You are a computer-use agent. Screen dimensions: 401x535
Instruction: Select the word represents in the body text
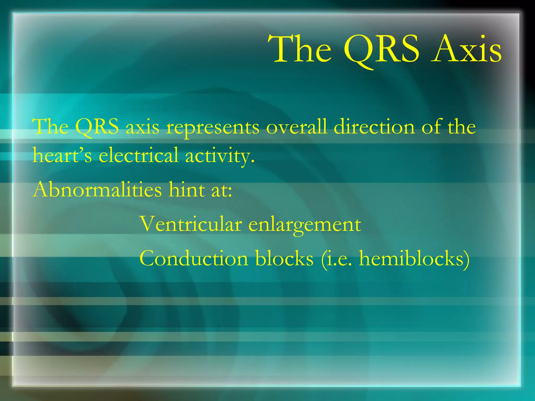(x=213, y=127)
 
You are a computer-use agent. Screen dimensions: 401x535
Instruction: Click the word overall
(x=296, y=127)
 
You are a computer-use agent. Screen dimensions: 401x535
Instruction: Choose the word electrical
(x=138, y=156)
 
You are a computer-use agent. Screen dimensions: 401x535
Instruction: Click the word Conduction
(x=193, y=258)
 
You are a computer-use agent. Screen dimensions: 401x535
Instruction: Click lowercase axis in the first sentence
(x=142, y=127)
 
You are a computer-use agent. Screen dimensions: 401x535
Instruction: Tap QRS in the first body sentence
(x=97, y=127)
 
